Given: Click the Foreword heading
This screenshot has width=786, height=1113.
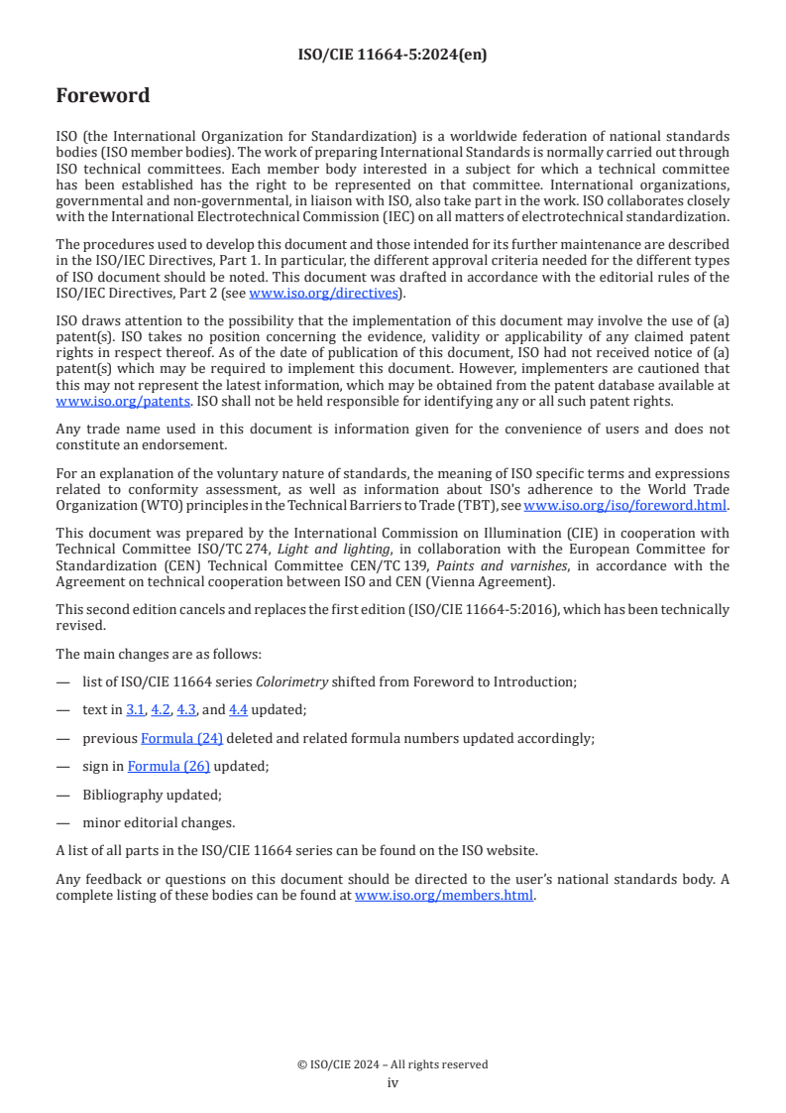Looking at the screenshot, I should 103,96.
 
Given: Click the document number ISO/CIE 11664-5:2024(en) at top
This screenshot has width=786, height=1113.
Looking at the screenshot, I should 393,55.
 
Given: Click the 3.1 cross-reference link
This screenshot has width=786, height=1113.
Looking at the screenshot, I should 136,710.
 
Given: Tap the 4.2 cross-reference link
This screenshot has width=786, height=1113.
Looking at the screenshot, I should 161,710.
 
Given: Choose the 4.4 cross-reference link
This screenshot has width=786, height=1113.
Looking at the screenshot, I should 238,710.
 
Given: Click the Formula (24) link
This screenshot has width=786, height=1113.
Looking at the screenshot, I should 182,738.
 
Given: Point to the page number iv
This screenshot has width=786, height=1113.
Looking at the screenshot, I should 393,1082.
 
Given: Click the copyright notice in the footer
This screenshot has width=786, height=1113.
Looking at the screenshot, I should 393,1064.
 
